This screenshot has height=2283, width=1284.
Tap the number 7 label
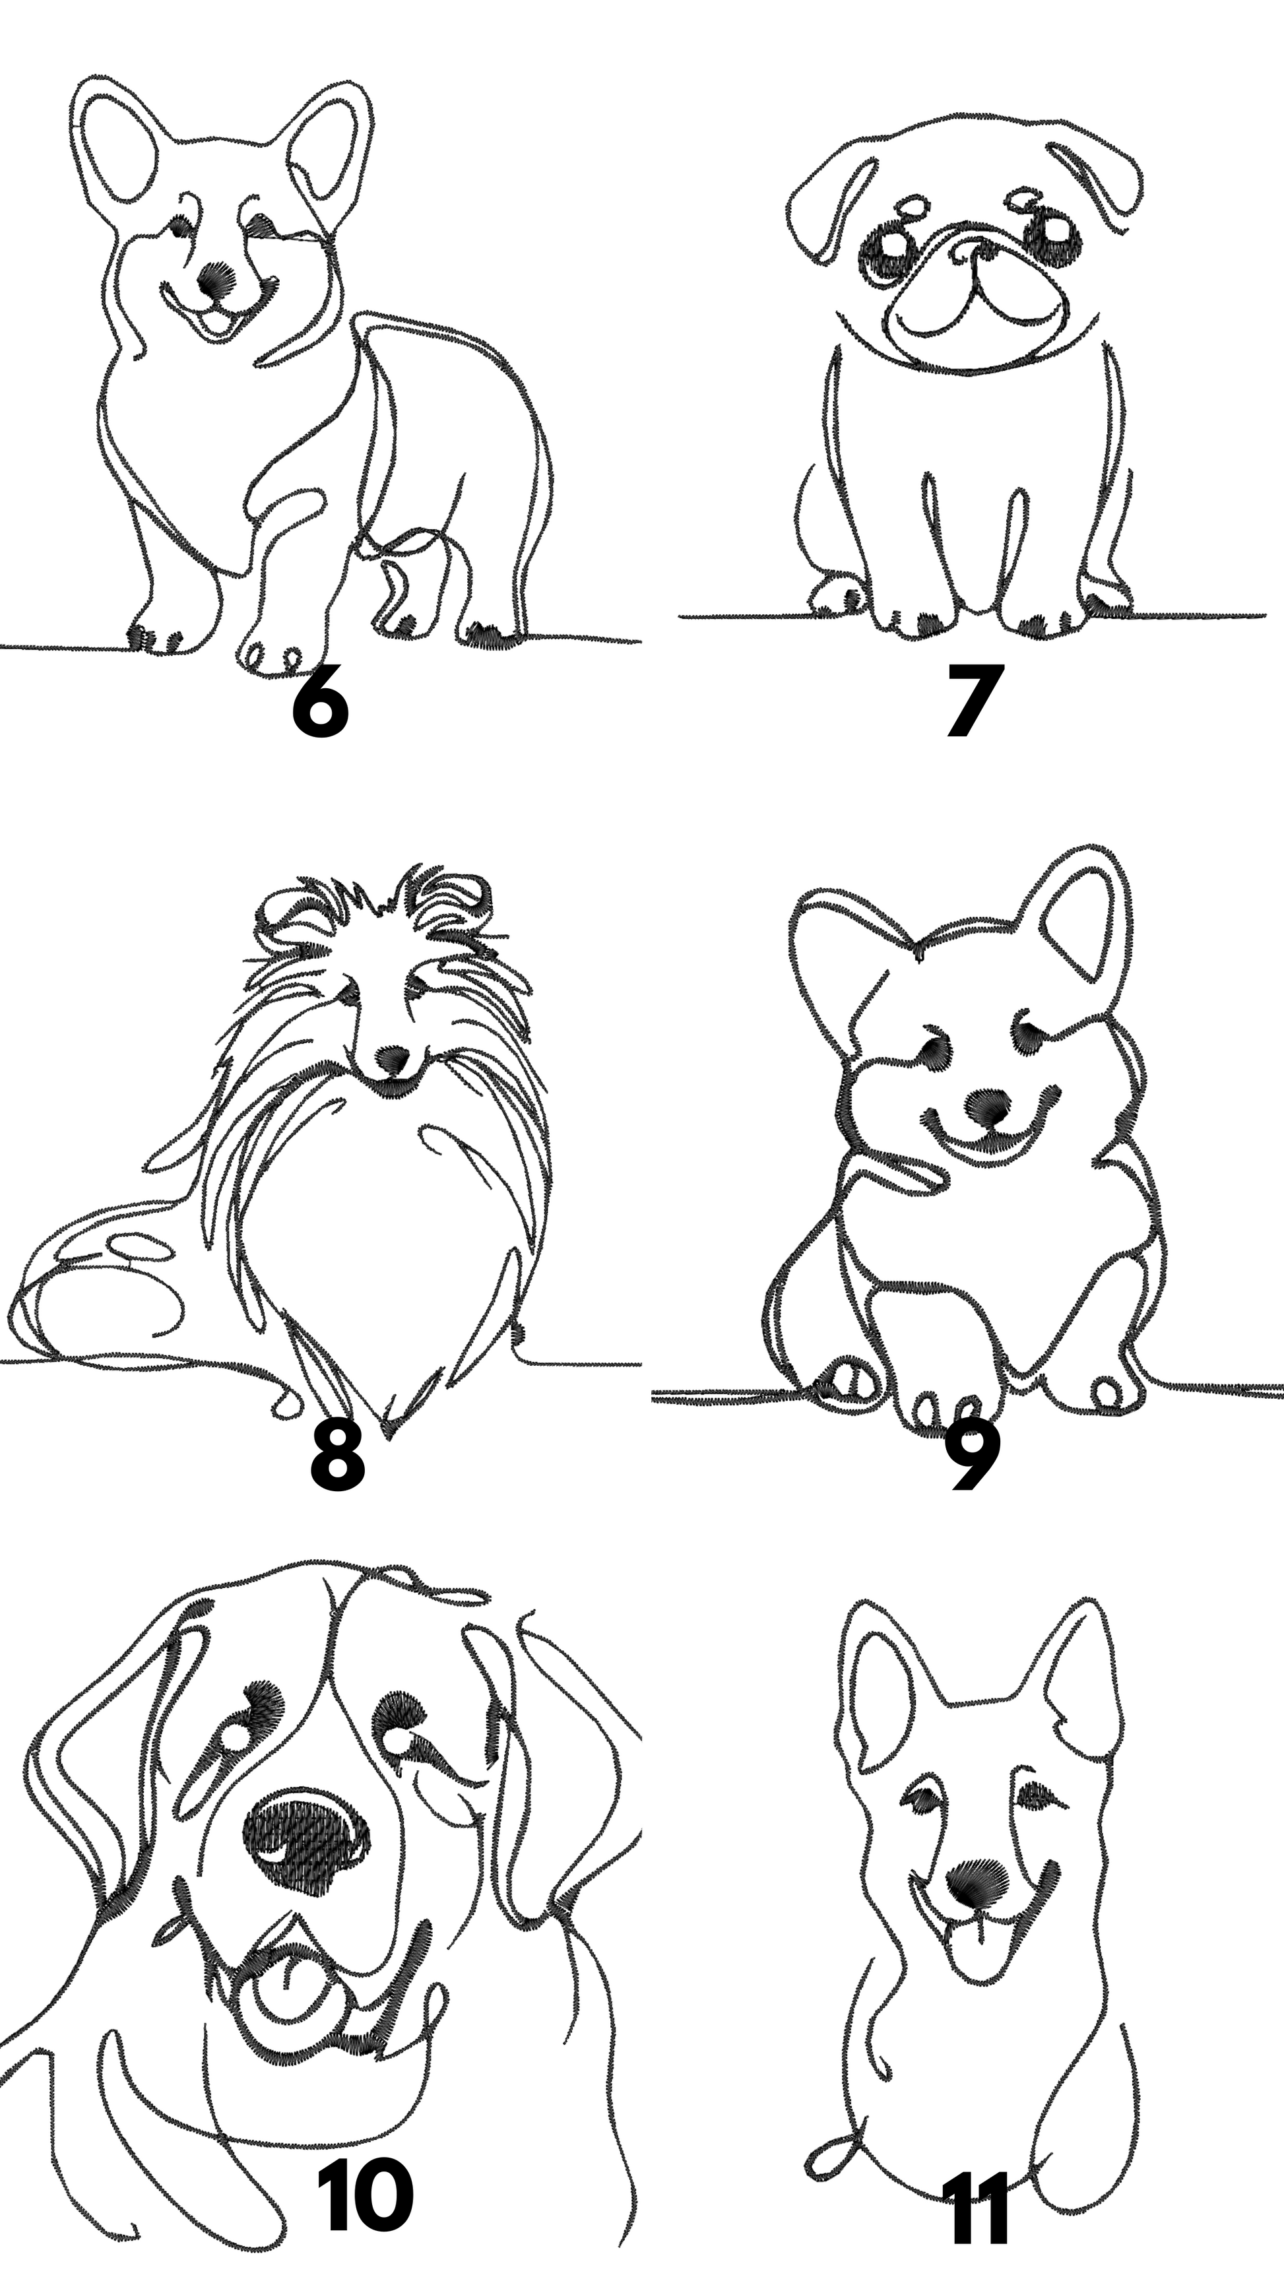coord(971,699)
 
